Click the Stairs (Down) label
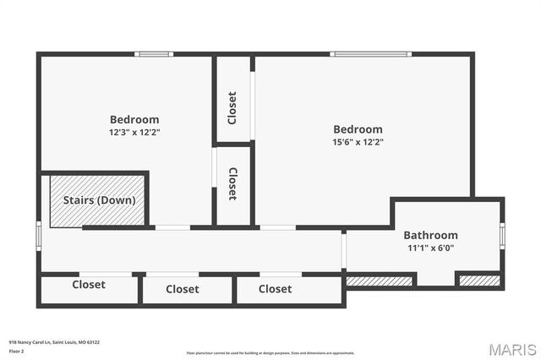(x=99, y=200)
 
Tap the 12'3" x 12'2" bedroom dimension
(x=134, y=133)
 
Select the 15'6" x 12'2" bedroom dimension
(x=358, y=142)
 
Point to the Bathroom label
(x=430, y=235)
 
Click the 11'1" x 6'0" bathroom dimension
(x=430, y=248)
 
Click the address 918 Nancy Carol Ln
(x=54, y=342)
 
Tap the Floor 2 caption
(x=16, y=350)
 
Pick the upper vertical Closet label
(x=232, y=106)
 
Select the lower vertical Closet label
(x=232, y=183)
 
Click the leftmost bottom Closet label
(x=89, y=285)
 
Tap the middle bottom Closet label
(x=183, y=289)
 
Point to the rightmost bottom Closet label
(x=275, y=289)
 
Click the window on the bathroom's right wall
(x=502, y=234)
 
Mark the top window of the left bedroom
(x=154, y=54)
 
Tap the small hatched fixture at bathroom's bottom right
(x=478, y=281)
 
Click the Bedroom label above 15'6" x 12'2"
(x=358, y=129)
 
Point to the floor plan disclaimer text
(x=270, y=353)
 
